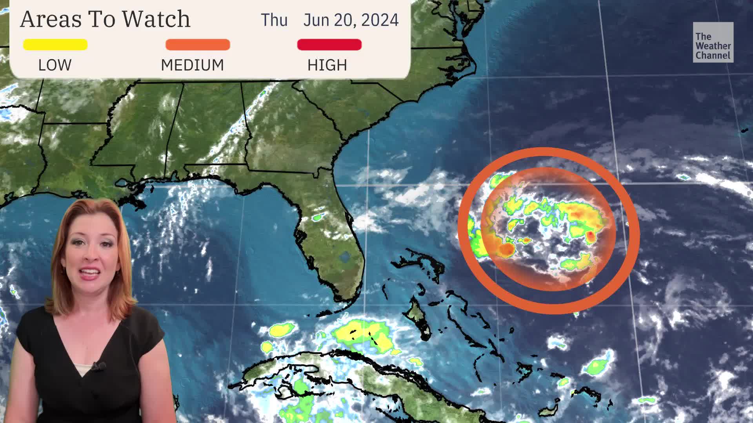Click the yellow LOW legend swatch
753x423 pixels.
pos(55,45)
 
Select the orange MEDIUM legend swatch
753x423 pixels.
pos(198,45)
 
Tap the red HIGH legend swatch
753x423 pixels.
pos(329,45)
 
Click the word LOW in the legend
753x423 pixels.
pos(55,65)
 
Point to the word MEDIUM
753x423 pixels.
pos(192,65)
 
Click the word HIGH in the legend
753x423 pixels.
pos(327,65)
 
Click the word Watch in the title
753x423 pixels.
pos(156,19)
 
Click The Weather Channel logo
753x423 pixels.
pos(713,42)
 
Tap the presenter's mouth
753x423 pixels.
pos(90,272)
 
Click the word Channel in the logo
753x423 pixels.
pos(713,56)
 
